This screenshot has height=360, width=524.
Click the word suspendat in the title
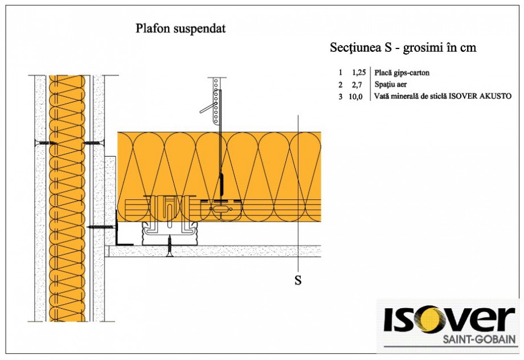(199, 29)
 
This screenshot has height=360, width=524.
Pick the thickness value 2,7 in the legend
(359, 84)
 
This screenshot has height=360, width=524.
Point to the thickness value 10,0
(357, 96)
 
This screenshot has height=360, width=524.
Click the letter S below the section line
(297, 280)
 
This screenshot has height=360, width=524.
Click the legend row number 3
(340, 96)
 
